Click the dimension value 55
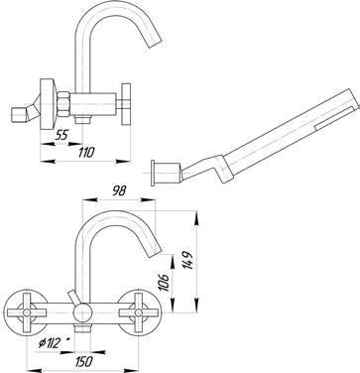61,135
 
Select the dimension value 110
86,153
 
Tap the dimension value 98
119,191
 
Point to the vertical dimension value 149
188,260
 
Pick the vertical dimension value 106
165,282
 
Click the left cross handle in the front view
27,312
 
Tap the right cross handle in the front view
139,312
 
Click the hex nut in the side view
63,104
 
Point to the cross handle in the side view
126,104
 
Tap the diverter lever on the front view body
74,299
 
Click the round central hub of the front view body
81,312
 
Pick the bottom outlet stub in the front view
82,329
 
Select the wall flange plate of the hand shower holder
153,173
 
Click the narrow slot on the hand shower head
334,118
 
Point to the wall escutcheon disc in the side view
47,104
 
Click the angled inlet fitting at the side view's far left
25,111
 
